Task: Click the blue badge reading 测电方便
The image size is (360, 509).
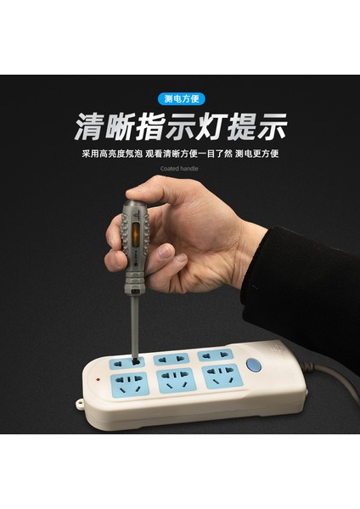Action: [x=180, y=98]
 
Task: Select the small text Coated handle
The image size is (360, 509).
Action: [x=180, y=168]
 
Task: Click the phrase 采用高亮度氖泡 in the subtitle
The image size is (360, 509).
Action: [x=111, y=154]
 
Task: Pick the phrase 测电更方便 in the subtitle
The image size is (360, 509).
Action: [x=256, y=154]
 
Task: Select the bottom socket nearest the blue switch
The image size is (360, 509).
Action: [x=220, y=374]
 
